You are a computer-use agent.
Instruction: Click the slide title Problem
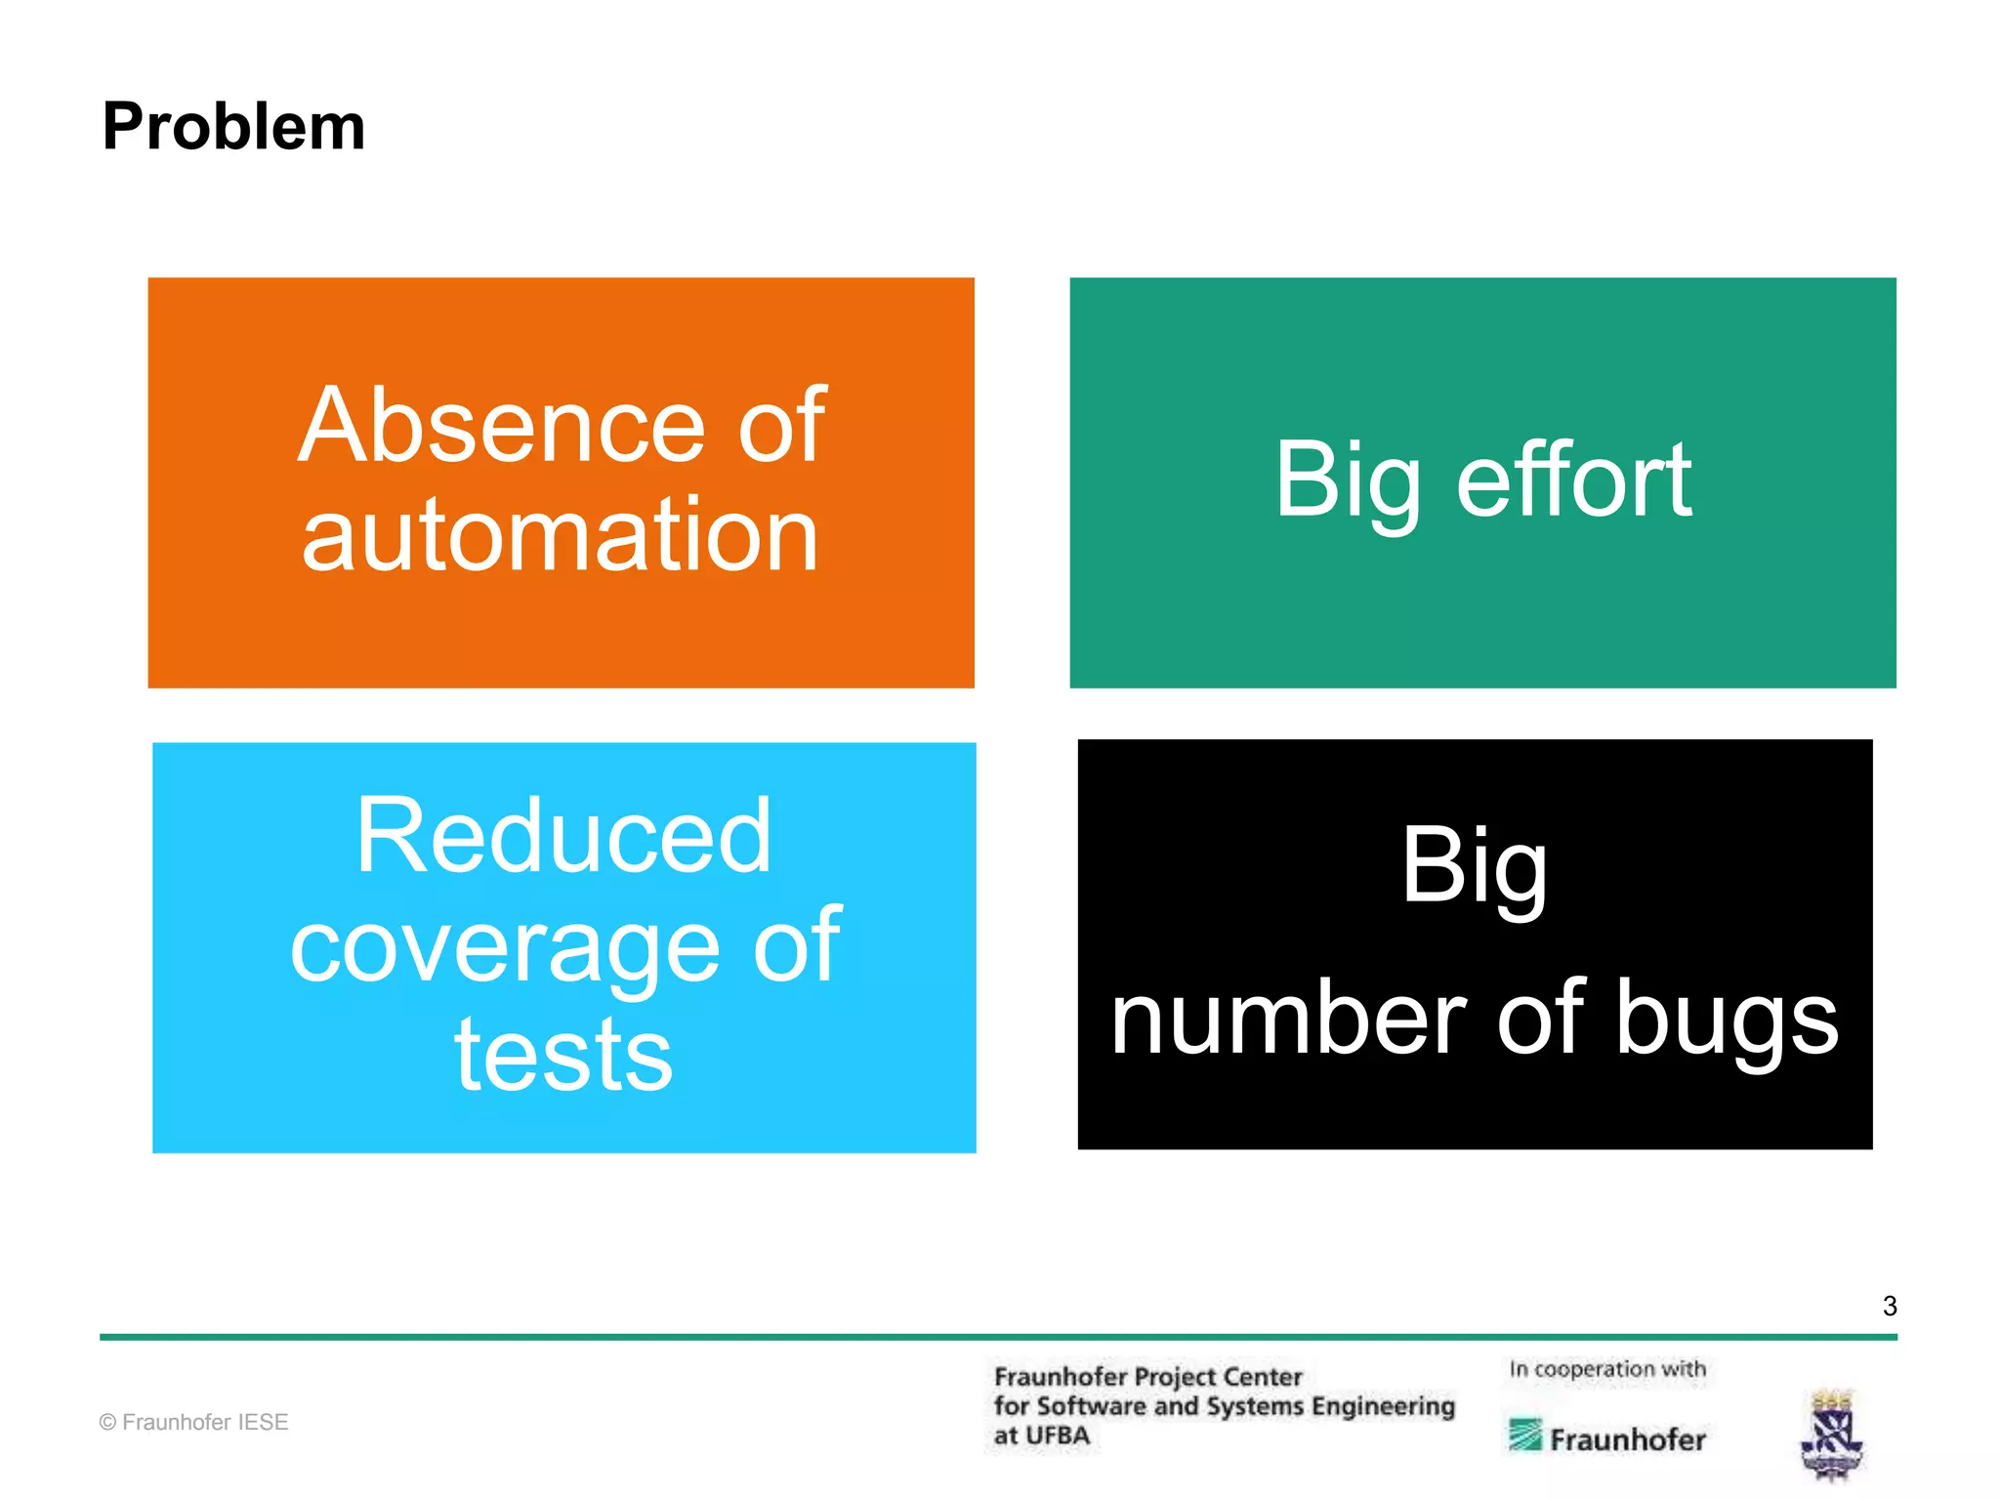pos(233,127)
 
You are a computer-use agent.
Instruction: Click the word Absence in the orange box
pos(501,426)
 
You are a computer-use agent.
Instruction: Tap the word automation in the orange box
pos(560,535)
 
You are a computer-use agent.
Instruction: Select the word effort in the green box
pos(1574,480)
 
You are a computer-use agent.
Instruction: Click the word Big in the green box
pos(1348,480)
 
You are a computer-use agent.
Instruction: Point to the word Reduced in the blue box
pos(563,836)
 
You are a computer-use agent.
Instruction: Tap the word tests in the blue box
pos(563,1055)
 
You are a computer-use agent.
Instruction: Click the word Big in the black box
pos(1475,867)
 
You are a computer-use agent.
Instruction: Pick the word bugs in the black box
pos(1727,1020)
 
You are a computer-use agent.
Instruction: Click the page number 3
pos(1890,1307)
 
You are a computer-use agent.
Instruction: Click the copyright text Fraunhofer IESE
pos(193,1423)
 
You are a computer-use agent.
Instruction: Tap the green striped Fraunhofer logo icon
pos(1524,1436)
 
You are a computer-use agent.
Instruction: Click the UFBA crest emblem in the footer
pos(1832,1434)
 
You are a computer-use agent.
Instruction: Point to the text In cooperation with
pos(1607,1369)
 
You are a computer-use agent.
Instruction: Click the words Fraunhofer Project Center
pos(1147,1377)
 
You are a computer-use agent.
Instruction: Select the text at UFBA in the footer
pos(1041,1436)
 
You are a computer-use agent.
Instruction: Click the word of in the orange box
pos(781,426)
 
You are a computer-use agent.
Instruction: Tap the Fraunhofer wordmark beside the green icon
pos(1627,1439)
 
